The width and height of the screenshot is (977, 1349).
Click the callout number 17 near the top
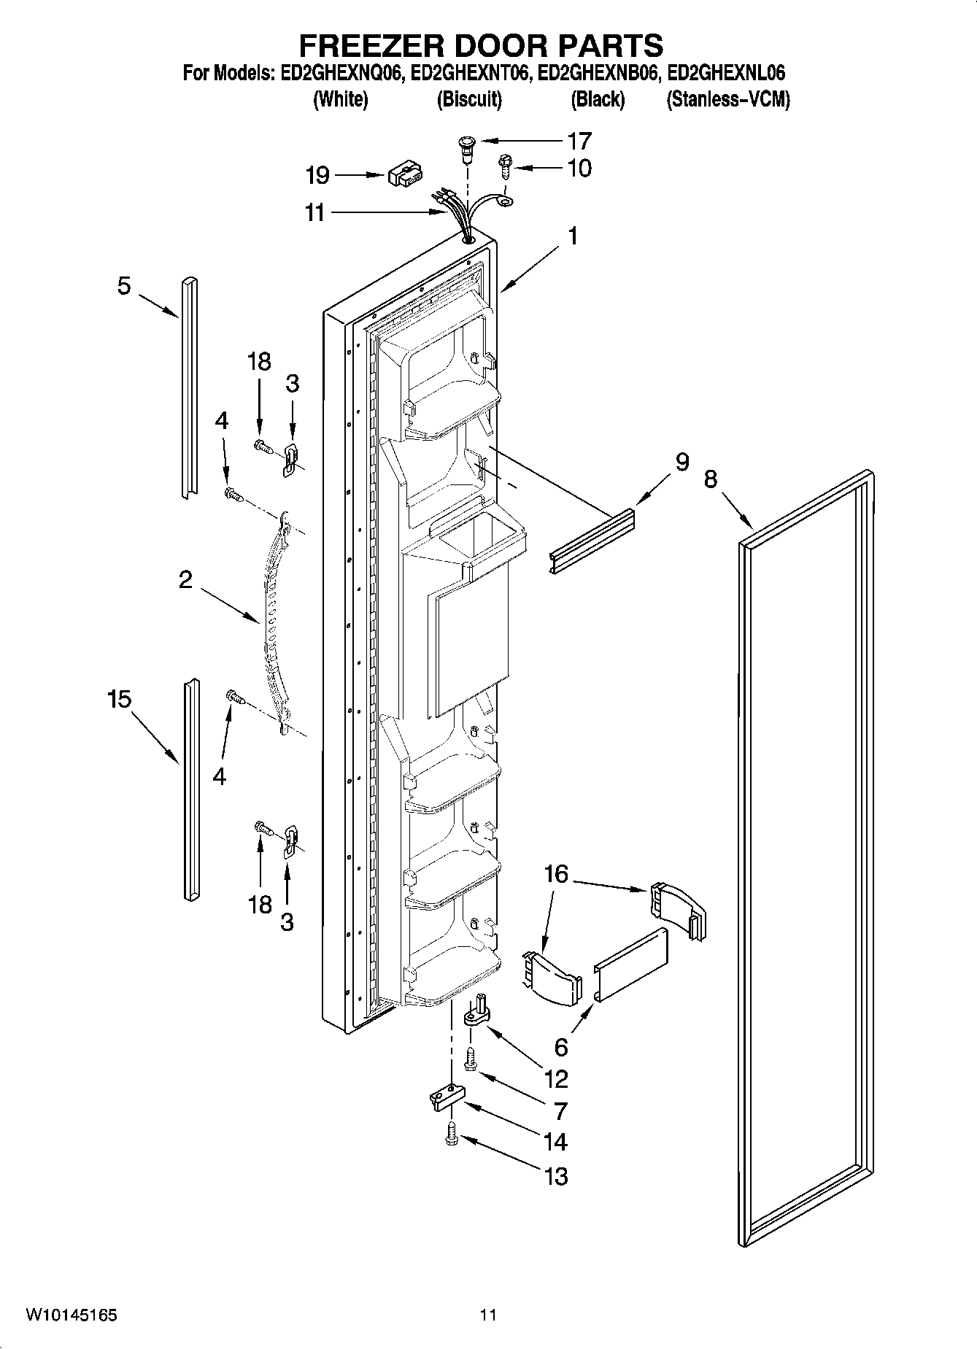tap(579, 140)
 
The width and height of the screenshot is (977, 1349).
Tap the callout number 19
tap(318, 175)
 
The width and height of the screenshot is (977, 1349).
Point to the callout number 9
tap(681, 462)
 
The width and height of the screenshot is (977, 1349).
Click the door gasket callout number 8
tap(711, 479)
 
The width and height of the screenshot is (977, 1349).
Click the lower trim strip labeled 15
tap(190, 788)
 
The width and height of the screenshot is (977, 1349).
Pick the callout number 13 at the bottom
tap(556, 1176)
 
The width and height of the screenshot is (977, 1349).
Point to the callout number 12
tap(556, 1078)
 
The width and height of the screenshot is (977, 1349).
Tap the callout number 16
tap(556, 873)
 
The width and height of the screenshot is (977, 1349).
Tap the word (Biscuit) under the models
tap(469, 99)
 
